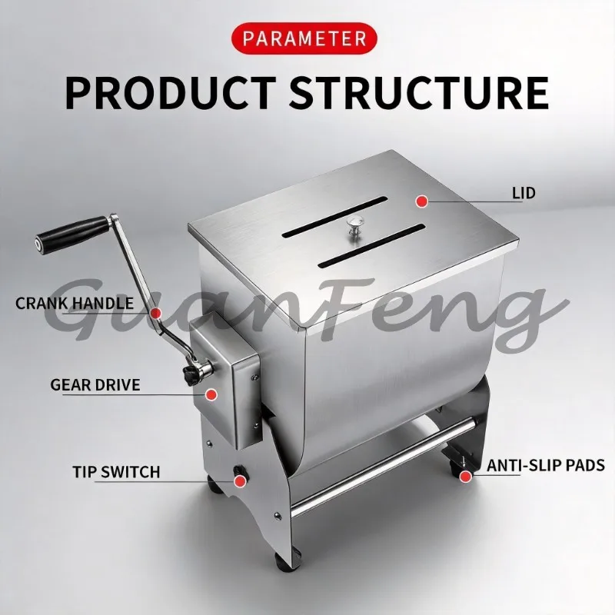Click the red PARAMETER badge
pyautogui.click(x=304, y=38)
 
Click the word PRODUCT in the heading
pyautogui.click(x=171, y=92)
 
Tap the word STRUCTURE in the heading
pyautogui.click(x=419, y=92)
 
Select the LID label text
pyautogui.click(x=524, y=193)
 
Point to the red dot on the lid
pyautogui.click(x=421, y=201)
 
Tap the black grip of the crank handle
pyautogui.click(x=73, y=234)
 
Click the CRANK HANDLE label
pyautogui.click(x=75, y=303)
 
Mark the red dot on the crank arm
pyautogui.click(x=156, y=313)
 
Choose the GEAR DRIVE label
pyautogui.click(x=95, y=385)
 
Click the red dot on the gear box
pyautogui.click(x=211, y=394)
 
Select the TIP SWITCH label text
pyautogui.click(x=117, y=472)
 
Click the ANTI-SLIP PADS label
pyautogui.click(x=546, y=465)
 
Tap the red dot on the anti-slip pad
pyautogui.click(x=466, y=476)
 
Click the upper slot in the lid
pyautogui.click(x=334, y=217)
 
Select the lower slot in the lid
pyautogui.click(x=371, y=245)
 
